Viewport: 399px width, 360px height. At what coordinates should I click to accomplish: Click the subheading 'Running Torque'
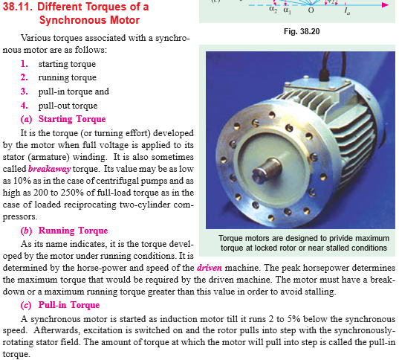pos(73,231)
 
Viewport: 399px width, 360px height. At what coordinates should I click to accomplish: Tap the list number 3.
pos(25,92)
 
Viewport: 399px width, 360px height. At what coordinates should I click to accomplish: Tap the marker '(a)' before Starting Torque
pos(27,119)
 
